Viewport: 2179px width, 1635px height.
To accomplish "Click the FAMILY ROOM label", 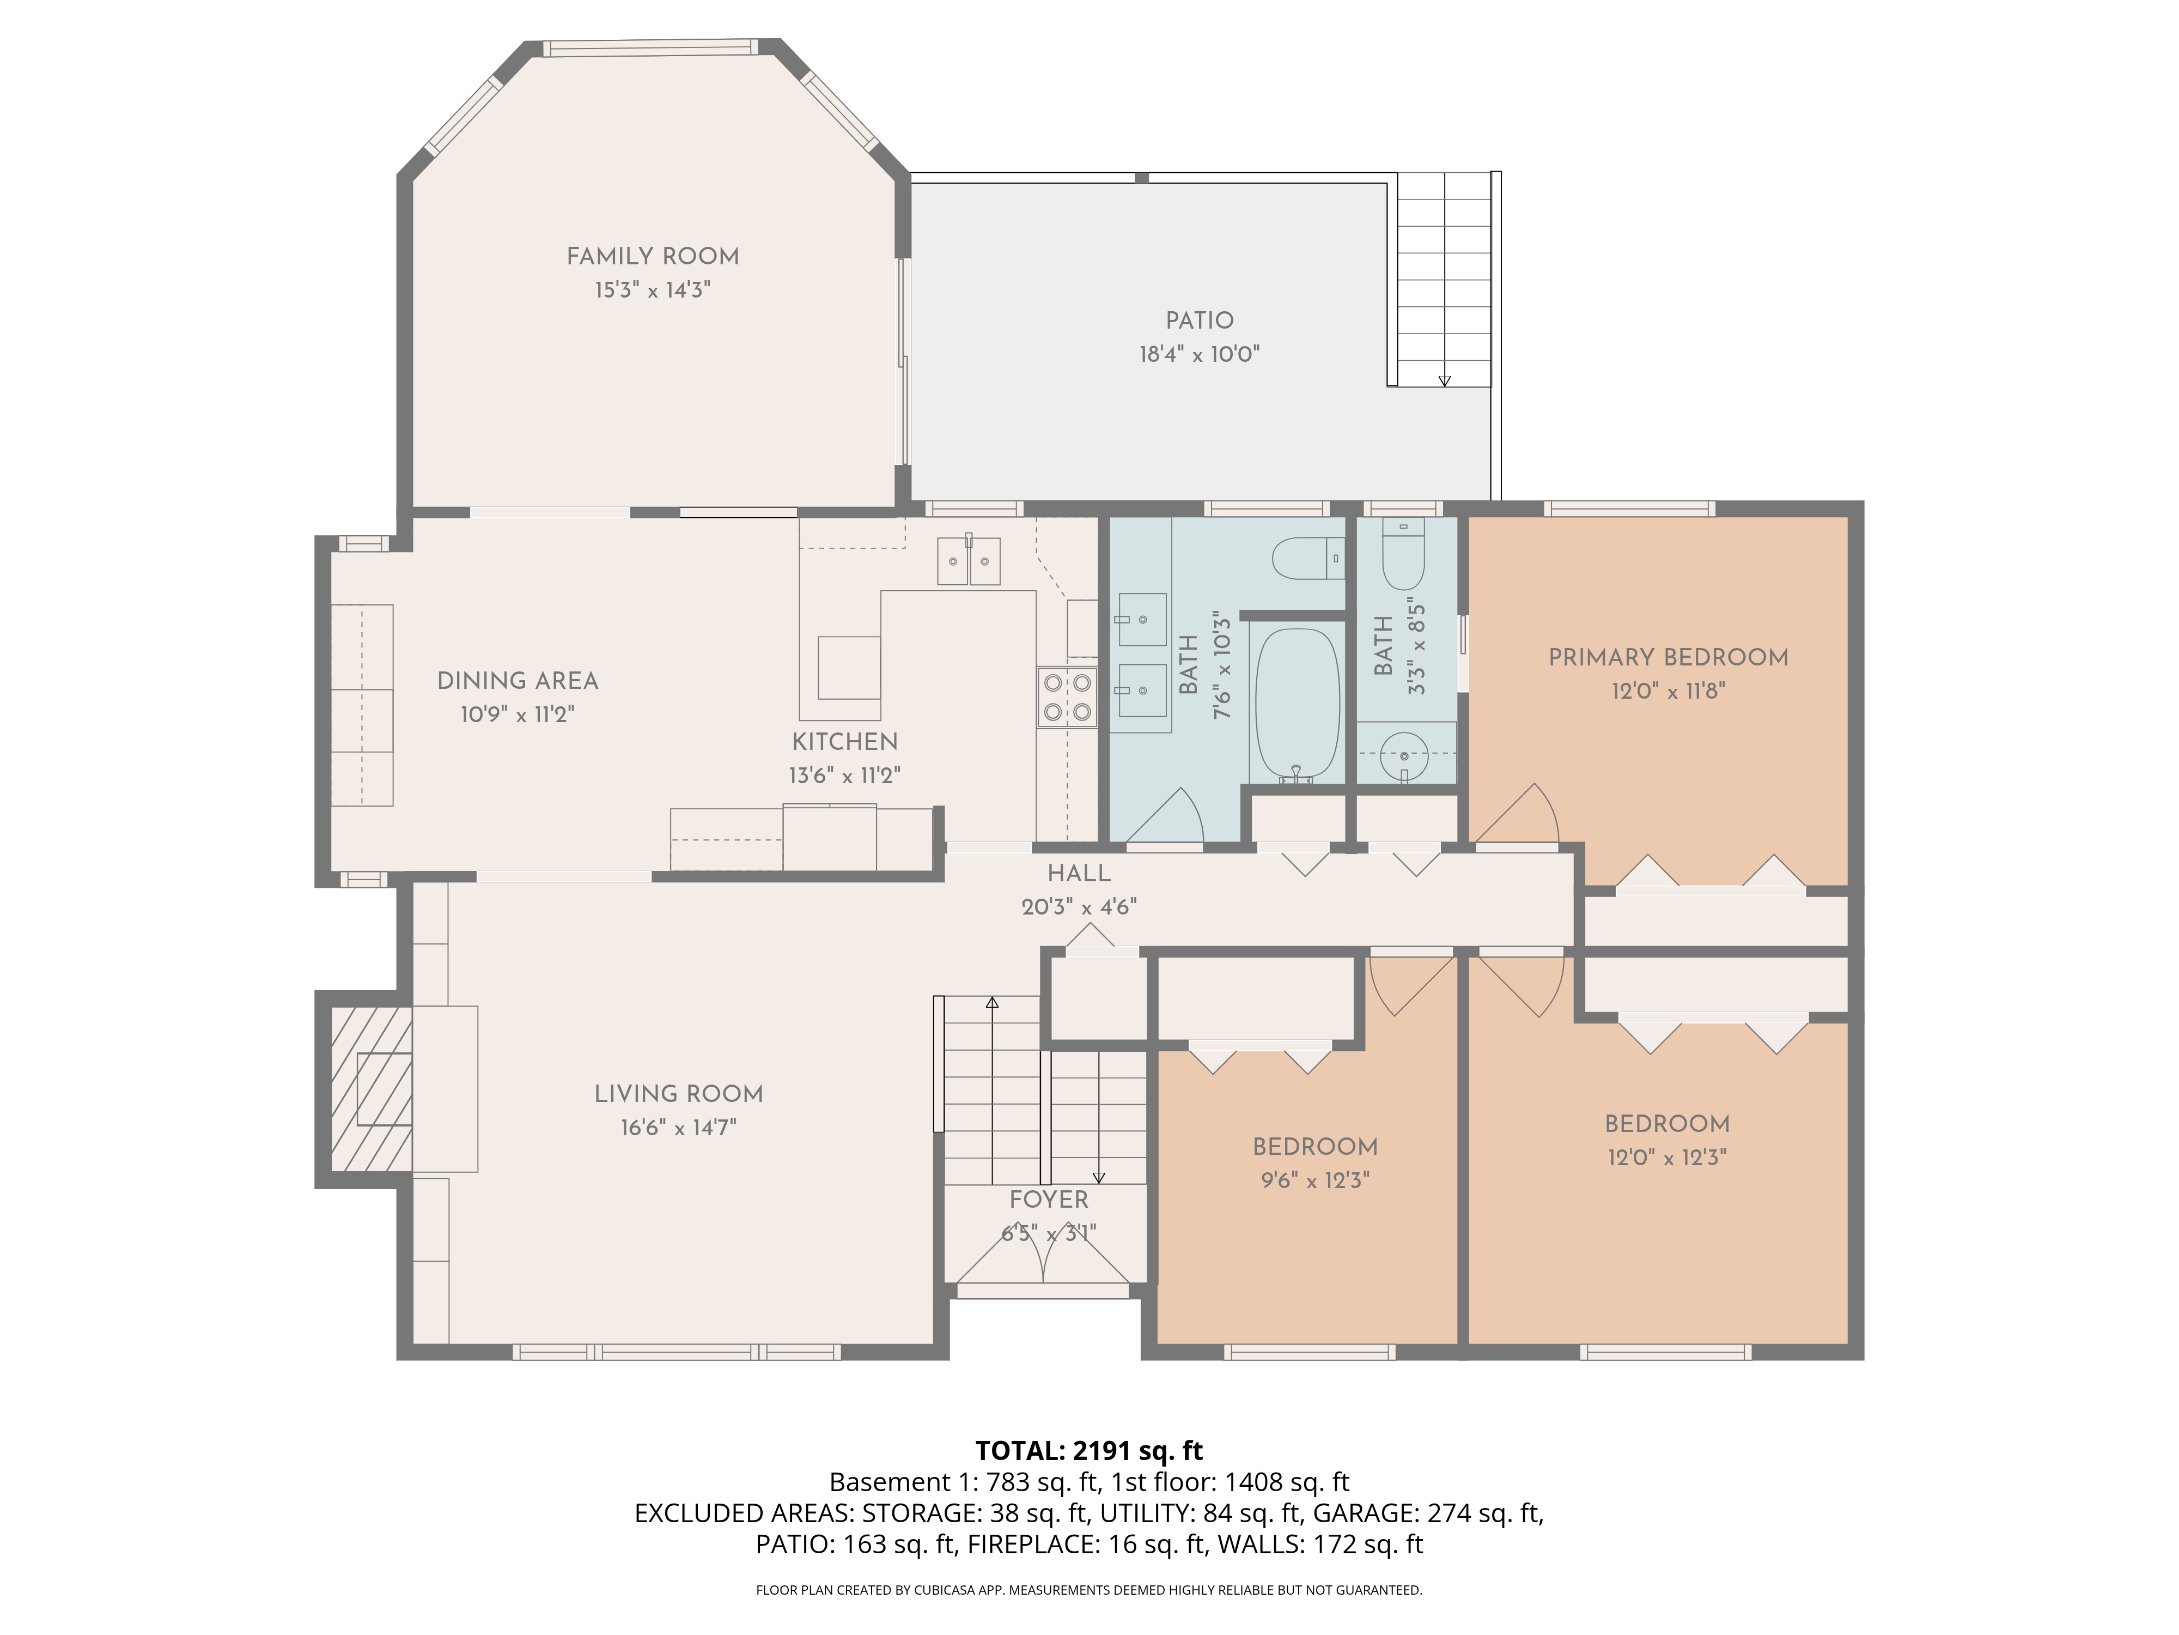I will click(652, 256).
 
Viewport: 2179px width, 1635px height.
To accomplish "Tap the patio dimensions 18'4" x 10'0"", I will click(1199, 354).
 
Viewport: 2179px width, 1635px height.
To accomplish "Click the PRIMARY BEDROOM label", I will click(1667, 657).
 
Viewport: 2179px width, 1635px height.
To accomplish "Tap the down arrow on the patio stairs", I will click(1444, 379).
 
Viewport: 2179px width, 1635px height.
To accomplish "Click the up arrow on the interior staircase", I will click(992, 1002).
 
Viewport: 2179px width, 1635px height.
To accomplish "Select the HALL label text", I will click(1079, 873).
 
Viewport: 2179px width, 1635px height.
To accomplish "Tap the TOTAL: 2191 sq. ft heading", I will click(1088, 1451).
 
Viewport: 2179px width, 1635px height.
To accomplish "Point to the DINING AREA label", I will click(517, 681).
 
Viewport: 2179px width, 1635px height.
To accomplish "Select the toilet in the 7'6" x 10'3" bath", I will click(1308, 559).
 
